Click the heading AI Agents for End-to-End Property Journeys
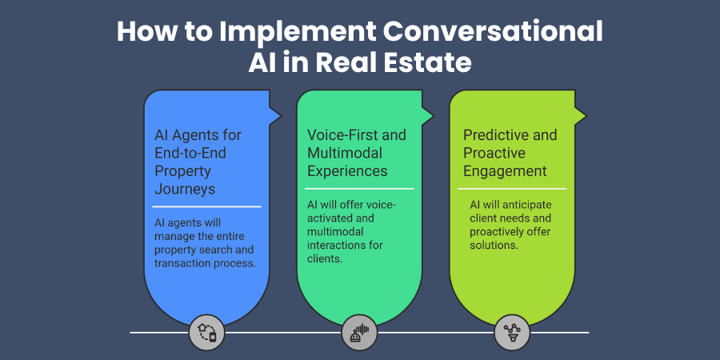tap(198, 162)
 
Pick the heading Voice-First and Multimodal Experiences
tap(357, 152)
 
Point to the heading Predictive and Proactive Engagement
tap(510, 152)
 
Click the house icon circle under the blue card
tap(207, 332)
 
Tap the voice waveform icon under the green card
tap(359, 332)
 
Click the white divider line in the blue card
tap(207, 206)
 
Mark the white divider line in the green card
tap(359, 189)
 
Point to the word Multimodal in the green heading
tap(345, 152)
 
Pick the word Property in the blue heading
tap(183, 170)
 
